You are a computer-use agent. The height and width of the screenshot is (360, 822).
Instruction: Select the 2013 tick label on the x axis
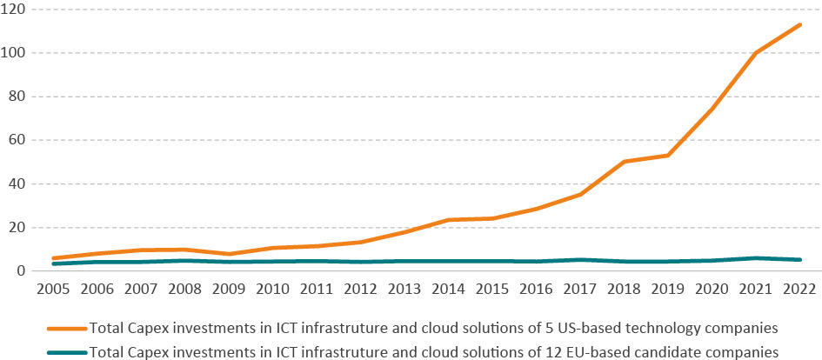(x=405, y=288)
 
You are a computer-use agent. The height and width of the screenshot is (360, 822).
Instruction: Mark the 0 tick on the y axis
(x=22, y=271)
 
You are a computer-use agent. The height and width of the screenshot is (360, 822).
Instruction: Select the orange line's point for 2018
(x=625, y=162)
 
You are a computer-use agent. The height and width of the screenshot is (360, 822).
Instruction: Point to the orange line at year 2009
(x=230, y=254)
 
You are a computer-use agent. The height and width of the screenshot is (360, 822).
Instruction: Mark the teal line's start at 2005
(x=54, y=263)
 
